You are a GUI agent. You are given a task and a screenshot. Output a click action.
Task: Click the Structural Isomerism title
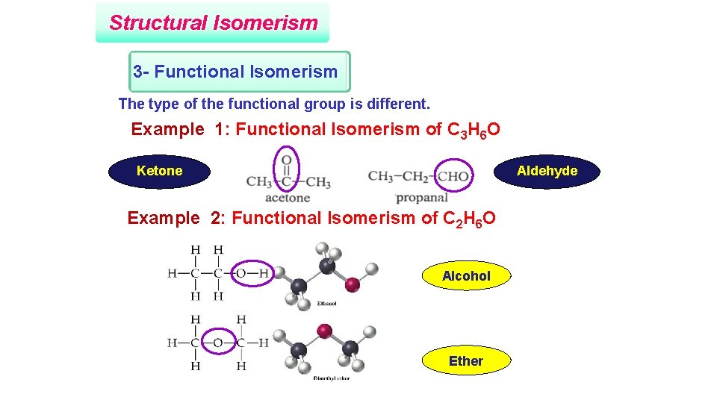pyautogui.click(x=213, y=22)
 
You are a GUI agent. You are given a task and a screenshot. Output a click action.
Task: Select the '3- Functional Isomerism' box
pyautogui.click(x=236, y=72)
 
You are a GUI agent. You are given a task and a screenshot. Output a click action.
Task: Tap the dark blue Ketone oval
pyautogui.click(x=160, y=171)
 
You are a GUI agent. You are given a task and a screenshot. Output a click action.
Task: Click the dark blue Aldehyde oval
pyautogui.click(x=547, y=171)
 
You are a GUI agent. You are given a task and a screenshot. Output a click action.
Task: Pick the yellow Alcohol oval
pyautogui.click(x=466, y=276)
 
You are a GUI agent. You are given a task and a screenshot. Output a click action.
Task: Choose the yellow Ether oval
pyautogui.click(x=466, y=361)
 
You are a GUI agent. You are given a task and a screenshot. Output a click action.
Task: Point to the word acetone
pyautogui.click(x=288, y=198)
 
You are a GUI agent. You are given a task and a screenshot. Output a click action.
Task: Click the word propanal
pyautogui.click(x=422, y=198)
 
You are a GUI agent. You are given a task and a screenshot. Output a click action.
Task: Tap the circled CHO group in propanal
pyautogui.click(x=454, y=177)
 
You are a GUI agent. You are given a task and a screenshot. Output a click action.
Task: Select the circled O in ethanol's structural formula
pyautogui.click(x=240, y=273)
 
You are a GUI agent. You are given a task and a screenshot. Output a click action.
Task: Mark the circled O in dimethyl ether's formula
pyautogui.click(x=218, y=343)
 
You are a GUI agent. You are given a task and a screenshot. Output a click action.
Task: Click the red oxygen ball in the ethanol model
pyautogui.click(x=353, y=284)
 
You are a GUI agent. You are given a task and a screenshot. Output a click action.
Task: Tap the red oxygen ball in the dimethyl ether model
pyautogui.click(x=324, y=330)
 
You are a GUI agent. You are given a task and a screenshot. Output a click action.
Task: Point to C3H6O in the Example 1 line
pyautogui.click(x=474, y=131)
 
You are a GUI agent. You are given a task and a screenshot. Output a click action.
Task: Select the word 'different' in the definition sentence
pyautogui.click(x=398, y=104)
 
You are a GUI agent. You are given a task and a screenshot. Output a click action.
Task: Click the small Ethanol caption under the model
pyautogui.click(x=326, y=304)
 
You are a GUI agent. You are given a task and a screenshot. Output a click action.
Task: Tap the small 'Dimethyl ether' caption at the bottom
pyautogui.click(x=331, y=378)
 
